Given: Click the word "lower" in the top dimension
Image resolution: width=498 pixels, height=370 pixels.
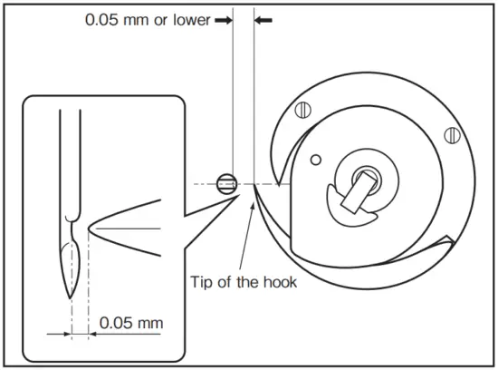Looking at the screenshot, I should click(187, 19).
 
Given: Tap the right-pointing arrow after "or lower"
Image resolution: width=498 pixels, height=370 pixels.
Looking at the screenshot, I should click(221, 19).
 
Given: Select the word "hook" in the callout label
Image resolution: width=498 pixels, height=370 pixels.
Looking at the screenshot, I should click(278, 282).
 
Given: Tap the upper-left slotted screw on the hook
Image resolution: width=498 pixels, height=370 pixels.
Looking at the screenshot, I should click(303, 112).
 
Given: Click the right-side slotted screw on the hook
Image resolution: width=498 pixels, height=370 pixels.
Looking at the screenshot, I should click(450, 135).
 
